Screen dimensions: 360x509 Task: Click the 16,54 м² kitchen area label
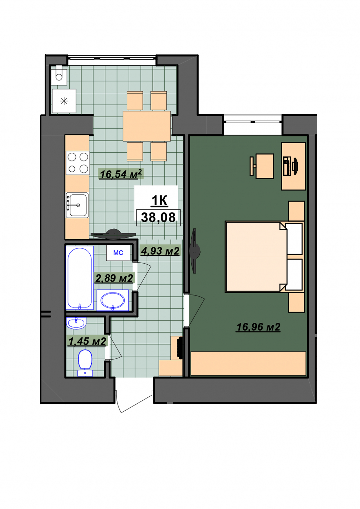pyautogui.click(x=121, y=174)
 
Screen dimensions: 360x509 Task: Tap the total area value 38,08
pyautogui.click(x=158, y=217)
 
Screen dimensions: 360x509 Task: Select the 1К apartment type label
pyautogui.click(x=159, y=201)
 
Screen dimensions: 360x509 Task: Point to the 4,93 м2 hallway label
pyautogui.click(x=160, y=251)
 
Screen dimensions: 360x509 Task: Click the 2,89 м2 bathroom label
pyautogui.click(x=114, y=278)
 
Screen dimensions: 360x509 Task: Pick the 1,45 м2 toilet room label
pyautogui.click(x=87, y=341)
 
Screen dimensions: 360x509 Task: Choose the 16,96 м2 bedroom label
pyautogui.click(x=258, y=327)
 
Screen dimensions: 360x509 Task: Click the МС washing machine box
pyautogui.click(x=119, y=253)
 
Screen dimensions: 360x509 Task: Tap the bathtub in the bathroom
pyautogui.click(x=79, y=278)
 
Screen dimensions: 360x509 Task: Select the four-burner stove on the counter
pyautogui.click(x=78, y=163)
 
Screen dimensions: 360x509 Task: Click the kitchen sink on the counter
pyautogui.click(x=77, y=205)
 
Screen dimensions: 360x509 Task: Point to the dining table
pyautogui.click(x=147, y=126)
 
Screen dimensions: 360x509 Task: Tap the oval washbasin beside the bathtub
pyautogui.click(x=113, y=300)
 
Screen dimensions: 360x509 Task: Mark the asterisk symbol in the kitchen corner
pyautogui.click(x=64, y=101)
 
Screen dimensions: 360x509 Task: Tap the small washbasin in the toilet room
pyautogui.click(x=76, y=323)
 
